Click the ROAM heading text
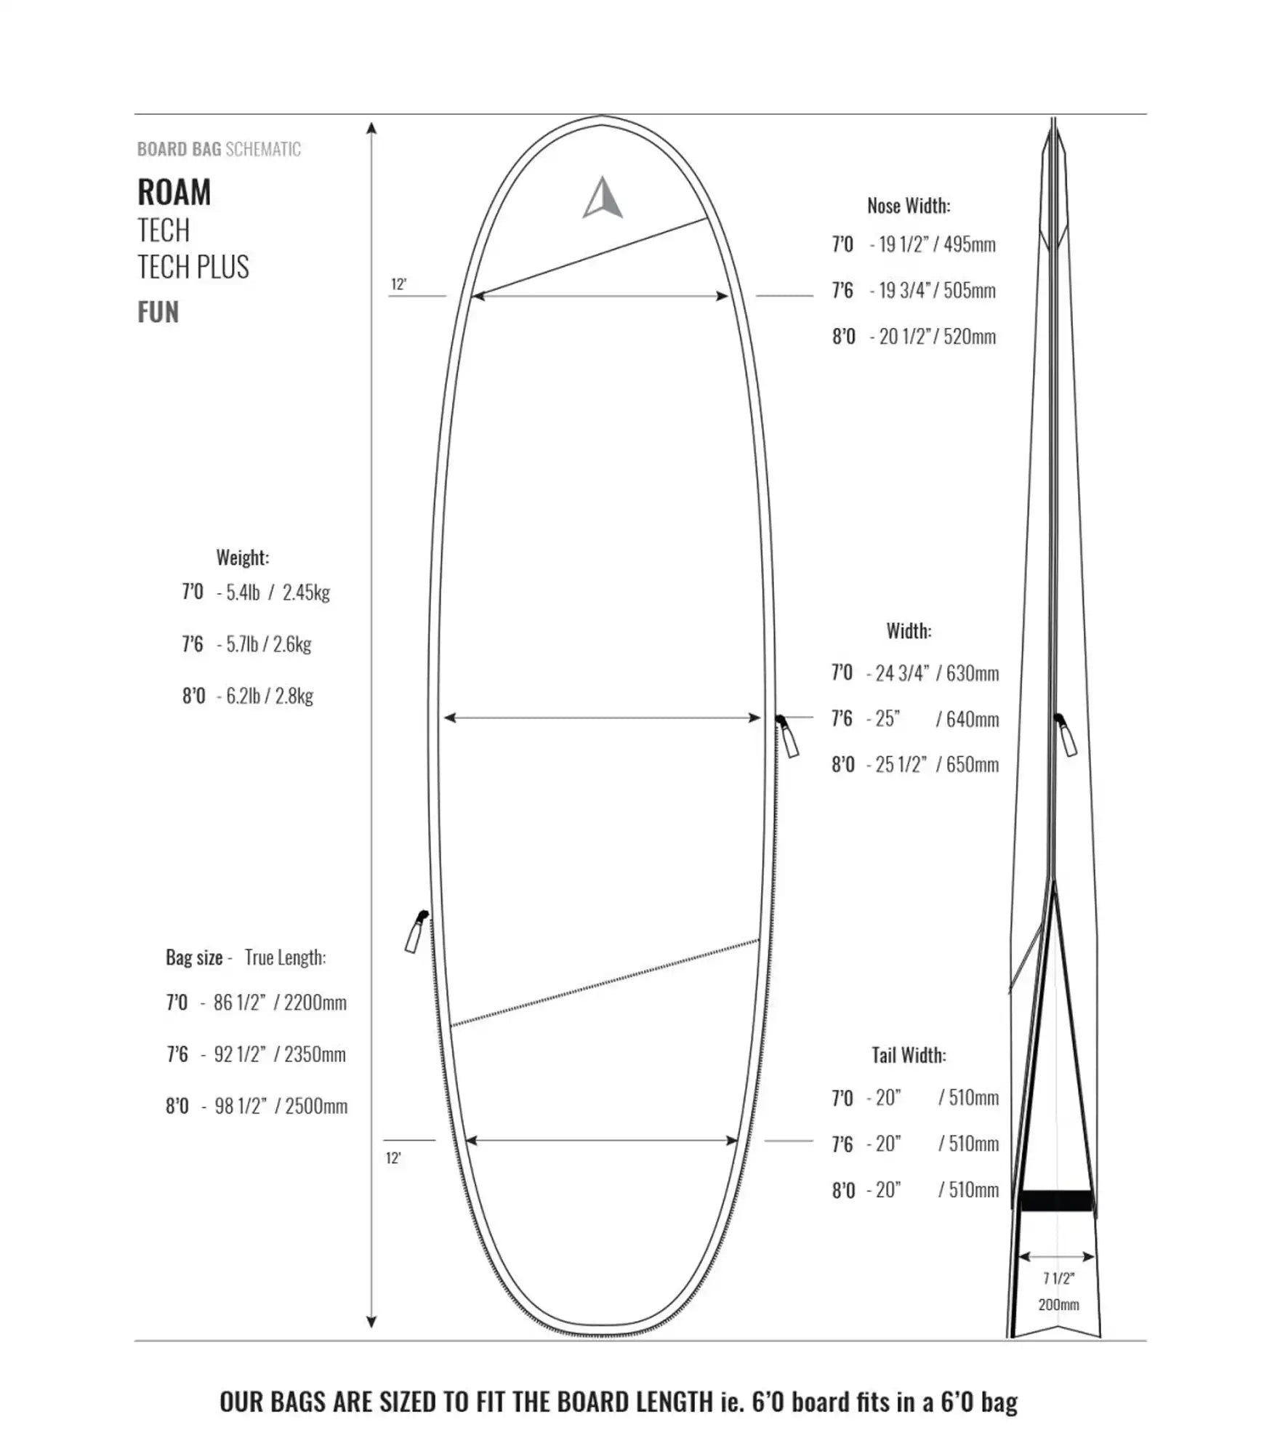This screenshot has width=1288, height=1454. click(174, 193)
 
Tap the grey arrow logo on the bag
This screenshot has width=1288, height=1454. click(603, 198)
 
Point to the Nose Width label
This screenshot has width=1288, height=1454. click(909, 206)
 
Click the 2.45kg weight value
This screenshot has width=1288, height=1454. click(306, 593)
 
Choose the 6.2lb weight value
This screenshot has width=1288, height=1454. click(243, 696)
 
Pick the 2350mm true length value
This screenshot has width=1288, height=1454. click(315, 1054)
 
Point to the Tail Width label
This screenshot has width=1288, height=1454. click(909, 1055)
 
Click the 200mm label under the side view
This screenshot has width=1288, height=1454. click(1058, 1304)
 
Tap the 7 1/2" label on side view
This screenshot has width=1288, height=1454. click(1058, 1278)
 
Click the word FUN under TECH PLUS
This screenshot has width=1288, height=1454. click(158, 313)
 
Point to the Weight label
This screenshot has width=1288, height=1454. click(243, 558)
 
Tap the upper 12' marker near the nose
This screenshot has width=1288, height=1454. click(398, 284)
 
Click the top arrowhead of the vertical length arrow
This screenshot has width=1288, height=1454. click(371, 128)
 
